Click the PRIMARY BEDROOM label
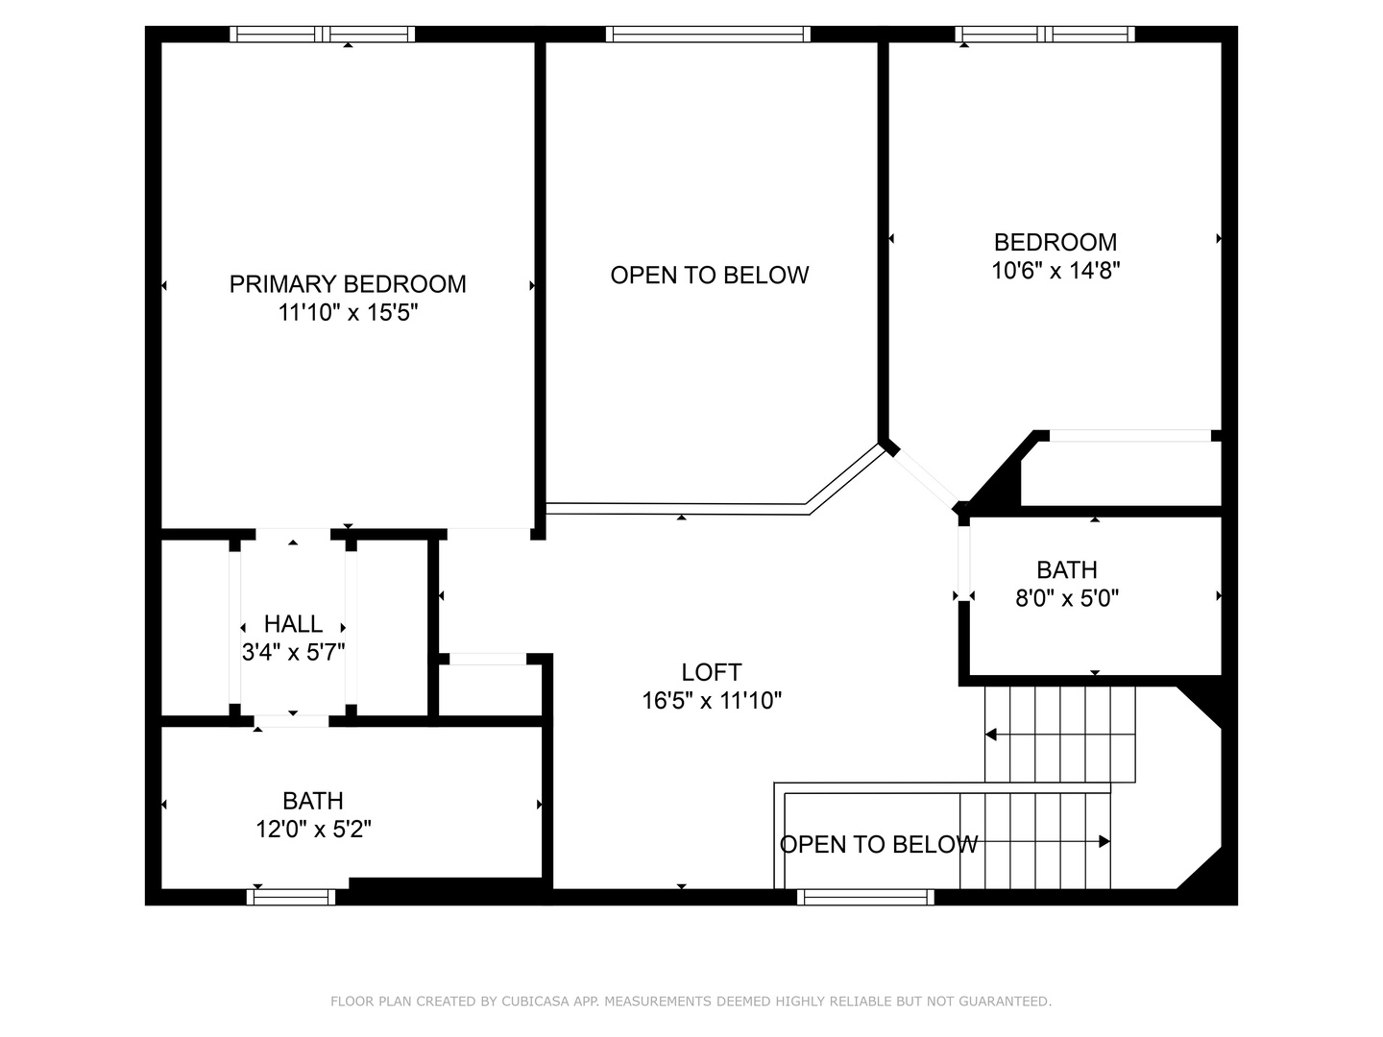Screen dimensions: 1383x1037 pyautogui.click(x=348, y=284)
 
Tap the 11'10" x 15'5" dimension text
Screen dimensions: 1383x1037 pyautogui.click(x=349, y=312)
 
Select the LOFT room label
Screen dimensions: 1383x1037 pyautogui.click(x=712, y=672)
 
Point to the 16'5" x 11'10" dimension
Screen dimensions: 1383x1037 pyautogui.click(x=712, y=700)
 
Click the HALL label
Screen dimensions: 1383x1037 pyautogui.click(x=294, y=624)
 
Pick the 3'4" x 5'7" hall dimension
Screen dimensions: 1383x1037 pyautogui.click(x=294, y=652)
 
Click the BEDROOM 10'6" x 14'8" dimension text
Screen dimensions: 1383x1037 pyautogui.click(x=1056, y=271)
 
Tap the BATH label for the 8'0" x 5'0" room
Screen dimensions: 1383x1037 pyautogui.click(x=1067, y=569)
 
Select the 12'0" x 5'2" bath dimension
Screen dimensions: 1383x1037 pyautogui.click(x=313, y=830)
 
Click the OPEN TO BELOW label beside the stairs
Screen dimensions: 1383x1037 pyautogui.click(x=879, y=844)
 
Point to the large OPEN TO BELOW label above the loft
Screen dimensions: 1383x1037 pyautogui.click(x=710, y=276)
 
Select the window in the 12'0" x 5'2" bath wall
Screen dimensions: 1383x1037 pyautogui.click(x=291, y=897)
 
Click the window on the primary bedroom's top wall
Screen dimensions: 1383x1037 pyautogui.click(x=322, y=34)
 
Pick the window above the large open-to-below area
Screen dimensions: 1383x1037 pyautogui.click(x=708, y=34)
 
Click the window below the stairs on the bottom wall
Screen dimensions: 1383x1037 pyautogui.click(x=865, y=897)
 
